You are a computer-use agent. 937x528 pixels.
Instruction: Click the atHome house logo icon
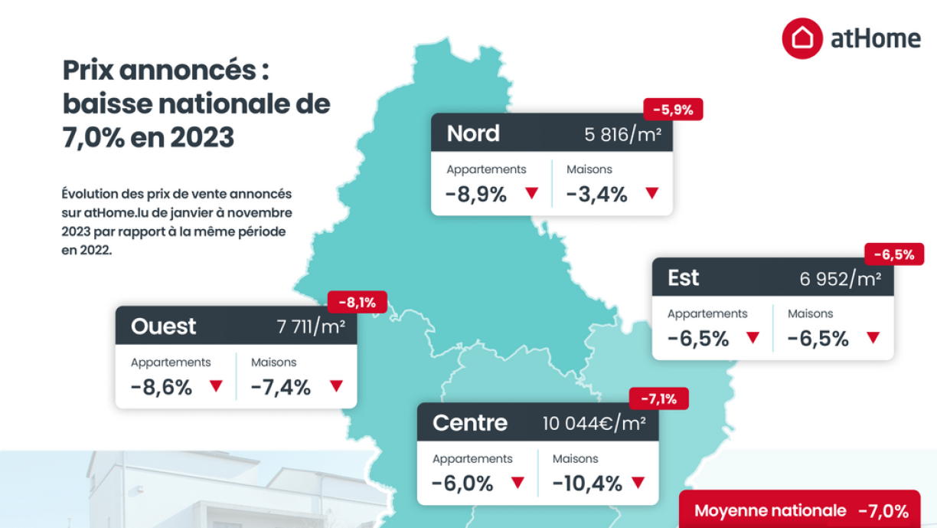tap(802, 38)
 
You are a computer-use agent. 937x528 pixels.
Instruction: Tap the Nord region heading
tap(473, 133)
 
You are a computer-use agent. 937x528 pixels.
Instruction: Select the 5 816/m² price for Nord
tap(622, 135)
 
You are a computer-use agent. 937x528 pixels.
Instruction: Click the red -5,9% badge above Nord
tap(674, 110)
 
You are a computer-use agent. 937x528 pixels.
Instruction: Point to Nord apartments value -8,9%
tap(475, 195)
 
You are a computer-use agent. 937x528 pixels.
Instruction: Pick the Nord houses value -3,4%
tap(596, 195)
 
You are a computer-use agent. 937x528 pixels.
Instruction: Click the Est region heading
tap(684, 277)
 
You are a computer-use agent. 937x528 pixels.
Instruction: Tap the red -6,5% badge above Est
tap(894, 254)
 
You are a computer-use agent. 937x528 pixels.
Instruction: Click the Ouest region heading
tap(164, 326)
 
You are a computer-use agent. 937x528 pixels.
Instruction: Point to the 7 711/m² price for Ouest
tap(311, 328)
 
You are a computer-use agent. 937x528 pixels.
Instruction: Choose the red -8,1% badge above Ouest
tap(357, 303)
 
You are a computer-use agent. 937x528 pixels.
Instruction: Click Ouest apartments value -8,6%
tap(161, 387)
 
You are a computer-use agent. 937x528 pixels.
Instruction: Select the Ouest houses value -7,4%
tap(281, 387)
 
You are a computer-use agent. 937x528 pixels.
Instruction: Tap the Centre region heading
tap(470, 422)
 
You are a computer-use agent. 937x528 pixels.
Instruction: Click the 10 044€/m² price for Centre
tap(594, 424)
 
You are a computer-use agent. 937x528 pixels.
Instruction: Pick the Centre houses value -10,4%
tap(587, 484)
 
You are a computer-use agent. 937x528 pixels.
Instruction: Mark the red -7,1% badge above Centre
tap(658, 399)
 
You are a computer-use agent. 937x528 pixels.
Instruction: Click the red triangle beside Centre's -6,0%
tap(517, 483)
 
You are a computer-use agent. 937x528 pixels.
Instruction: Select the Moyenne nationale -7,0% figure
tap(883, 511)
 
